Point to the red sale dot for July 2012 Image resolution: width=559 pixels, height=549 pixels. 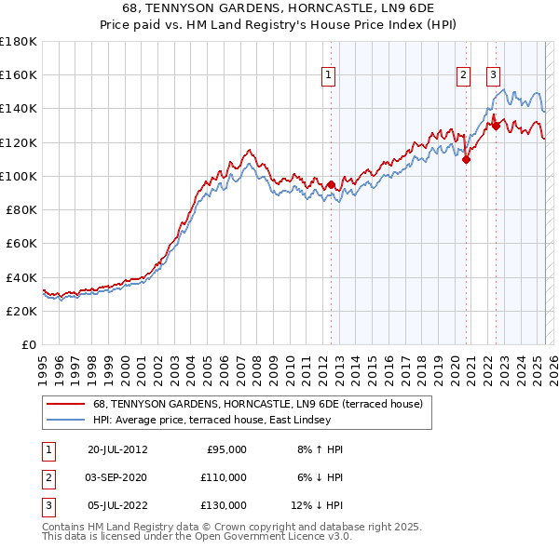pos(331,184)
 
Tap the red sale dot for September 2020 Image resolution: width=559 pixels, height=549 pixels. pos(467,159)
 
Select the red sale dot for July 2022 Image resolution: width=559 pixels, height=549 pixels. pos(497,125)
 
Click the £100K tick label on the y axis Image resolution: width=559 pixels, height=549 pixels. pos(19,176)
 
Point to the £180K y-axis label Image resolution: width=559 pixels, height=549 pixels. pos(19,42)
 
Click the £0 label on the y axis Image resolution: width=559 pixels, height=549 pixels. pos(30,345)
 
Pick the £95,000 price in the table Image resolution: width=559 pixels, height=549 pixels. pos(226,449)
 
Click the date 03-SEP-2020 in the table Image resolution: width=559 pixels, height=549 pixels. pos(116,477)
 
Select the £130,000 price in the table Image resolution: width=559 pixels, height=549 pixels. pos(224,505)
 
